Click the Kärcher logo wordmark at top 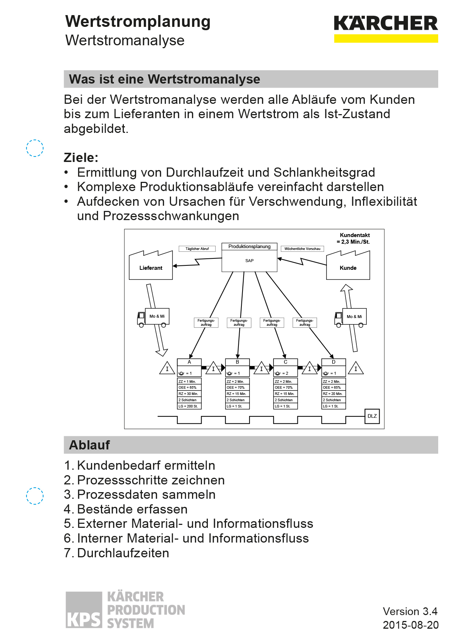pos(386,24)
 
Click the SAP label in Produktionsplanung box pos(250,261)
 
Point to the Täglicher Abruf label pos(197,249)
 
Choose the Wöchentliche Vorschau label pos(302,249)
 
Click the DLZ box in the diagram pos(372,416)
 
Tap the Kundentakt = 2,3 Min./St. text pos(354,239)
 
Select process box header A pos(189,362)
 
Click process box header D pos(334,362)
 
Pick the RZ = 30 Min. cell pos(189,394)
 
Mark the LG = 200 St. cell pos(189,406)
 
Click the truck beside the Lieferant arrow pos(153,318)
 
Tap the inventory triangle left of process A pos(167,368)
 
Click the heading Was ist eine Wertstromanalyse pos(165,79)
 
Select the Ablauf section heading pos(90,445)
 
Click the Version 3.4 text pos(410,611)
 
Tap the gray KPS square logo pos(84,610)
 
